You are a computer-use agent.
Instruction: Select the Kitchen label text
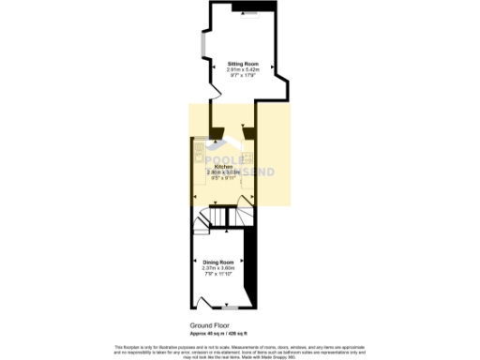click(x=223, y=167)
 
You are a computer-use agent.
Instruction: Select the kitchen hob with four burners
click(x=248, y=157)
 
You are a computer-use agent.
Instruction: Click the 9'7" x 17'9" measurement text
click(x=240, y=75)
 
